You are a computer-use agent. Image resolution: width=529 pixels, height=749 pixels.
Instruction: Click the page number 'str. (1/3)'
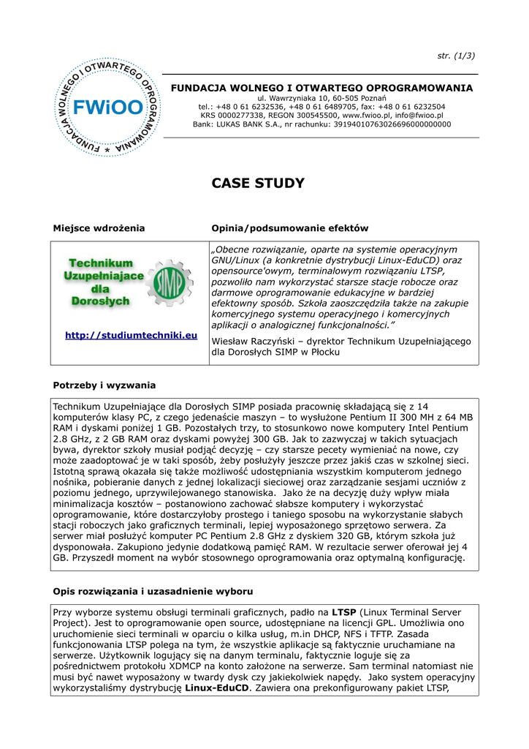click(457, 56)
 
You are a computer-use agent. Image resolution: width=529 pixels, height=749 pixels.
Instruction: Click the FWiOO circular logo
click(107, 108)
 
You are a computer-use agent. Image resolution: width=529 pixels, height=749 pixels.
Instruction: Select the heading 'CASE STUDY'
click(258, 184)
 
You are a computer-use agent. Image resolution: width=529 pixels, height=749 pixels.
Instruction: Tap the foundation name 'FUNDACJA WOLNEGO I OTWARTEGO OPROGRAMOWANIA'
click(321, 88)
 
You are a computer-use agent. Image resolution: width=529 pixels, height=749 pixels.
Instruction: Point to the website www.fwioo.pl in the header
click(368, 116)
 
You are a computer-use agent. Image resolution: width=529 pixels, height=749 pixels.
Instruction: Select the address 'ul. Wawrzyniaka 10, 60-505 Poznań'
click(321, 98)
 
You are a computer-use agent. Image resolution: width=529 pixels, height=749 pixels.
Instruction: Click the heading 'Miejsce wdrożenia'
click(99, 228)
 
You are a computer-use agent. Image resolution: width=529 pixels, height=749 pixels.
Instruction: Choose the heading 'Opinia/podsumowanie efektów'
click(289, 228)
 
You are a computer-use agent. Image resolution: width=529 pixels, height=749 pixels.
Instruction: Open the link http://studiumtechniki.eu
click(132, 336)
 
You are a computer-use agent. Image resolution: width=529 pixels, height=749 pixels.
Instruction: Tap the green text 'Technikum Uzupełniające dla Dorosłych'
click(100, 282)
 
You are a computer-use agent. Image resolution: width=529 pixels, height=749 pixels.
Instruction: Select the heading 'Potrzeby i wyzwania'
click(104, 385)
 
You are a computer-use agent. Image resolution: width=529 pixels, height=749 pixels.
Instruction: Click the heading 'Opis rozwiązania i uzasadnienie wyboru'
click(153, 590)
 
